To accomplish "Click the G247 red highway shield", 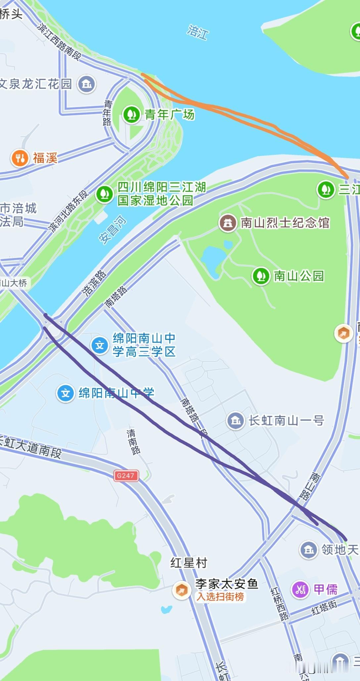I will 125,475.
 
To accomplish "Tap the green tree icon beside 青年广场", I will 132,114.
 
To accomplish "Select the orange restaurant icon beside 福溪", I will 20,158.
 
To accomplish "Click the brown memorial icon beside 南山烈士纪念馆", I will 228,223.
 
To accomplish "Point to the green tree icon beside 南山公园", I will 261,276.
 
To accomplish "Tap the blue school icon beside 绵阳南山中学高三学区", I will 100,345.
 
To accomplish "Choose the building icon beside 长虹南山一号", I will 236,421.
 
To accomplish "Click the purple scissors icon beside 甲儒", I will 300,589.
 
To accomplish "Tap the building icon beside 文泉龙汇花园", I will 87,84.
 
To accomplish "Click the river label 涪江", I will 198,32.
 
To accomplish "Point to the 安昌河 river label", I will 113,229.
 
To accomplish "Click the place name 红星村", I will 189,562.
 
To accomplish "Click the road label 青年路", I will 108,113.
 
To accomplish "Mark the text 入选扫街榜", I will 220,596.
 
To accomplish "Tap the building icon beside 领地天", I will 309,549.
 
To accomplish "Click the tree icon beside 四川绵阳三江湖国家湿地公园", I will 105,194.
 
